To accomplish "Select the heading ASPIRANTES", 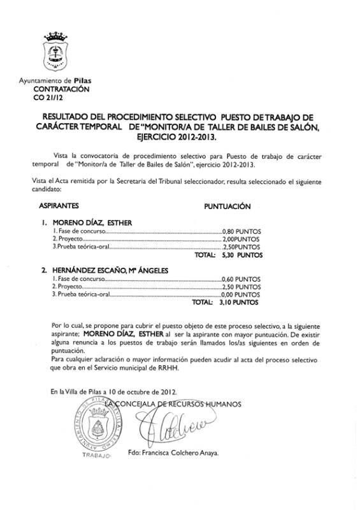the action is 58,207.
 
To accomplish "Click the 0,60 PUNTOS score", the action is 241,279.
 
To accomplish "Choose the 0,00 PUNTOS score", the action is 241,295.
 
